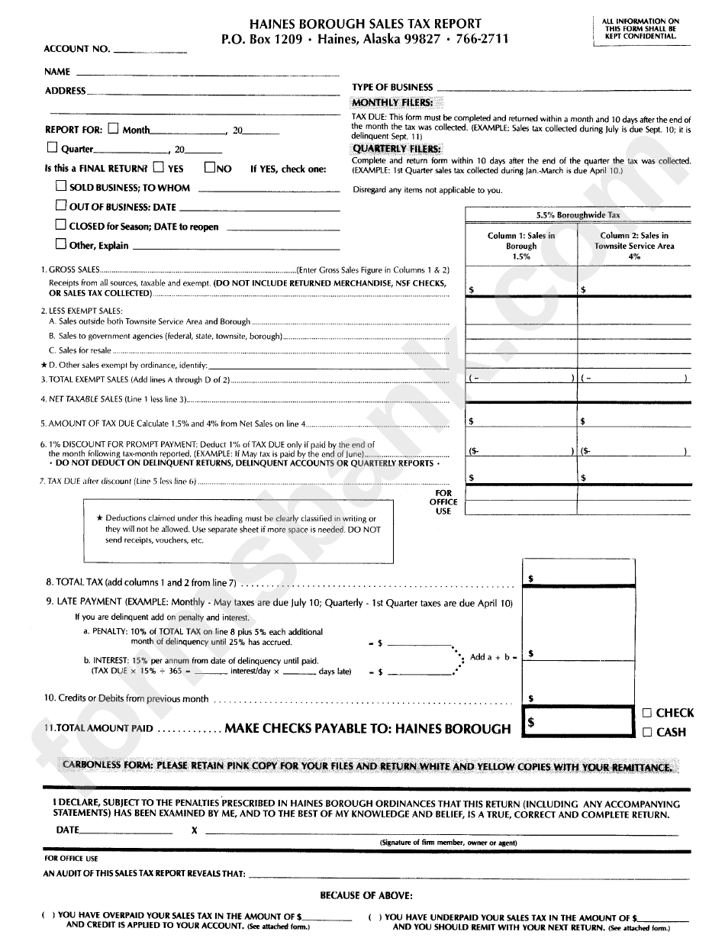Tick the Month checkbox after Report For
[114, 128]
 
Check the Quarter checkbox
[53, 148]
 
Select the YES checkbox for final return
[158, 167]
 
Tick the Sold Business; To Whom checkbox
[61, 186]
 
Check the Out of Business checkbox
[61, 206]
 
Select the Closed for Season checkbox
[61, 225]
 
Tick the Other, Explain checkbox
[61, 245]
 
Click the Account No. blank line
[150, 50]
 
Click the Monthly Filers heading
[392, 102]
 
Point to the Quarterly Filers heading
[396, 149]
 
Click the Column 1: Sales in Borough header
[521, 246]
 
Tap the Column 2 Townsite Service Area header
[634, 246]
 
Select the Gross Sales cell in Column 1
[522, 282]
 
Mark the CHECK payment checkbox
[646, 713]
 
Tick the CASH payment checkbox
[646, 733]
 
